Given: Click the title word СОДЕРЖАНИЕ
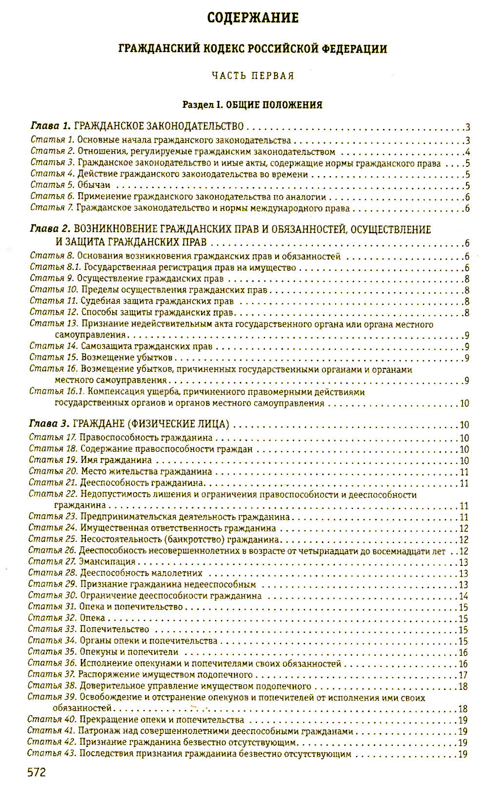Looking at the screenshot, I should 252,18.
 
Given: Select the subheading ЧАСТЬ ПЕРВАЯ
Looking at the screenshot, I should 253,76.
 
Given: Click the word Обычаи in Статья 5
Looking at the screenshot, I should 94,185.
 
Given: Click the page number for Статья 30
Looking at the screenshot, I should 463,596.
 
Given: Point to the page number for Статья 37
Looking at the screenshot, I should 463,675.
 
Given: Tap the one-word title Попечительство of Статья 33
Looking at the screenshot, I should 114,629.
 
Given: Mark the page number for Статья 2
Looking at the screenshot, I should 467,152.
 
